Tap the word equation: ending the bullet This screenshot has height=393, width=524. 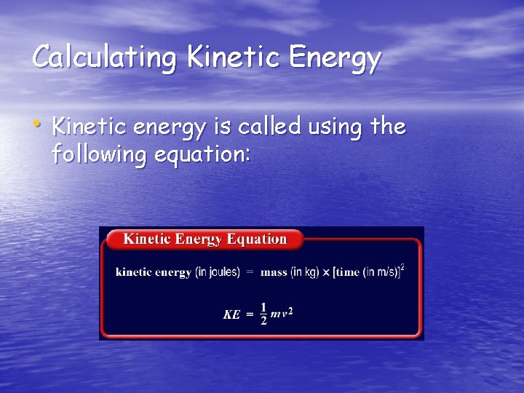click(x=215, y=154)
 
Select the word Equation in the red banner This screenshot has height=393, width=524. click(x=256, y=239)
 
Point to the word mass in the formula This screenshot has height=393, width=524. click(x=274, y=272)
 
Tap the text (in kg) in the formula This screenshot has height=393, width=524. click(x=305, y=272)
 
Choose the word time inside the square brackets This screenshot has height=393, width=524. click(x=348, y=272)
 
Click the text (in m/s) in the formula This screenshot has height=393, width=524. click(x=381, y=272)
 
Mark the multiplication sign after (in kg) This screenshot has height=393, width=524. click(x=326, y=272)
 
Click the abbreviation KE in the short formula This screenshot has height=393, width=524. click(x=231, y=314)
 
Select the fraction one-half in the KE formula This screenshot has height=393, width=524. click(x=263, y=314)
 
